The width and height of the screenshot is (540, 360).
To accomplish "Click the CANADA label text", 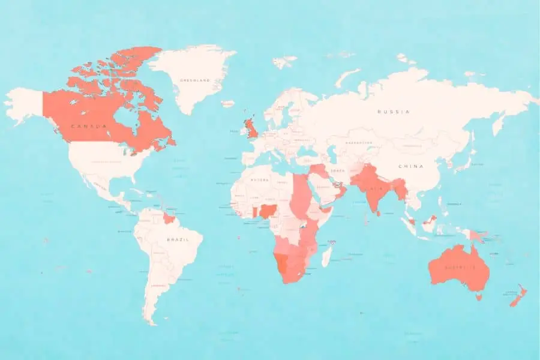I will click(x=88, y=126).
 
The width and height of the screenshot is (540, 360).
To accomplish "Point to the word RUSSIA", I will click(x=394, y=112).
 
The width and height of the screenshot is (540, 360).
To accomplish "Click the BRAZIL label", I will click(x=178, y=239).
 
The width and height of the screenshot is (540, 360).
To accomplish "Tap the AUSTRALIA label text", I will click(x=460, y=267).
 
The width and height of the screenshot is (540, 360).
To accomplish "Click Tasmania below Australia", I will click(x=478, y=296).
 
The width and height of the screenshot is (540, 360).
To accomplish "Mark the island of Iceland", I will click(x=227, y=103).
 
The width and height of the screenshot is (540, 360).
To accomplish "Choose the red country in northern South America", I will click(x=169, y=218).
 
